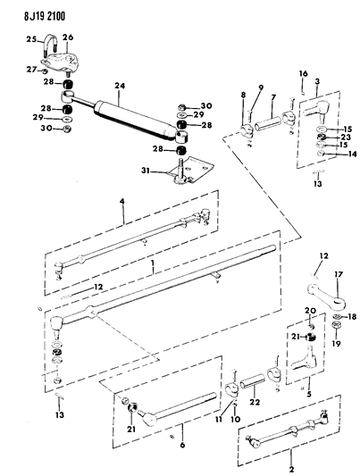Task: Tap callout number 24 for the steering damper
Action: tap(116, 87)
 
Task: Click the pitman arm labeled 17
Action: tap(322, 296)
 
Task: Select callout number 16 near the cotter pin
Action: tap(303, 74)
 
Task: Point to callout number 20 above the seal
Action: tap(309, 311)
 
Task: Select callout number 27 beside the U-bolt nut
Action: tap(30, 69)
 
